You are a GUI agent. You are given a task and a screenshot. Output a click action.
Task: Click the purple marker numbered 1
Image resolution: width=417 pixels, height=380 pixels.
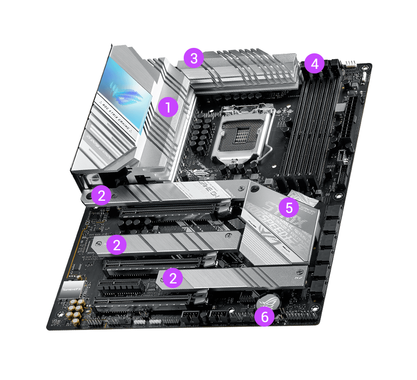click(x=168, y=108)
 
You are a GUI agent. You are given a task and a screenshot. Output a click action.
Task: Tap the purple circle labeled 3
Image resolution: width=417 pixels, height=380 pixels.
click(x=193, y=58)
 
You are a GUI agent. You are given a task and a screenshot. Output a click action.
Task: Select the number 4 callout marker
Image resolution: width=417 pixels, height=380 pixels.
click(x=314, y=64)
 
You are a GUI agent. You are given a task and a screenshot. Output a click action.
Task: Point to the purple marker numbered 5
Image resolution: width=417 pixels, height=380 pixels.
click(x=289, y=207)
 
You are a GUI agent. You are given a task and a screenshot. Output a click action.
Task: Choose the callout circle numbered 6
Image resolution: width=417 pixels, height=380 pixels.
click(x=265, y=317)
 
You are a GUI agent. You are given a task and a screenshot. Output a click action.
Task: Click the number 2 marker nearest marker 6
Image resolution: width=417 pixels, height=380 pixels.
click(x=172, y=277)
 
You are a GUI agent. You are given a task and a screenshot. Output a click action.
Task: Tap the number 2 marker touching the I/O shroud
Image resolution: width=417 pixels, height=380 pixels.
click(x=101, y=195)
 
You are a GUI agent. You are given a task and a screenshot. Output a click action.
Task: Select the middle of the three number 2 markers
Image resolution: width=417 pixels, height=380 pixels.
click(x=116, y=245)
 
